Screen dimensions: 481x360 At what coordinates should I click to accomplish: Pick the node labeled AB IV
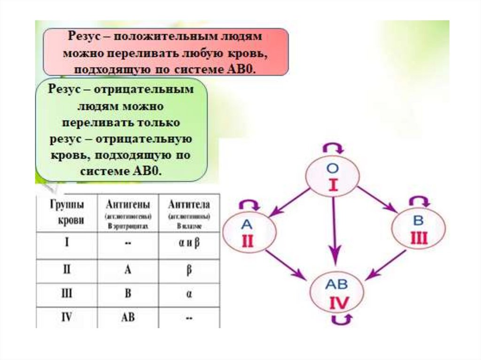[337, 291]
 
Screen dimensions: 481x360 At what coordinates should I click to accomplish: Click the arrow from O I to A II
[289, 202]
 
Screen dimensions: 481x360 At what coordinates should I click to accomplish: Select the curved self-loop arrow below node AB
[340, 320]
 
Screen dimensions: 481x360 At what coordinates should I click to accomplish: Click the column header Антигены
[128, 205]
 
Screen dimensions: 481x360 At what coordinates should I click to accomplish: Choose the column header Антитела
[189, 205]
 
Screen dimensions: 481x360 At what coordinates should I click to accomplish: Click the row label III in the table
[67, 294]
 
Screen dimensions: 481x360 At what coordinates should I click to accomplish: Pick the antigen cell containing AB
[128, 317]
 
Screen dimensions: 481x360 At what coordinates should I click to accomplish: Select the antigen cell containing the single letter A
[128, 271]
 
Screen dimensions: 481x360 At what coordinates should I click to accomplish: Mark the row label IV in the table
[67, 317]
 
